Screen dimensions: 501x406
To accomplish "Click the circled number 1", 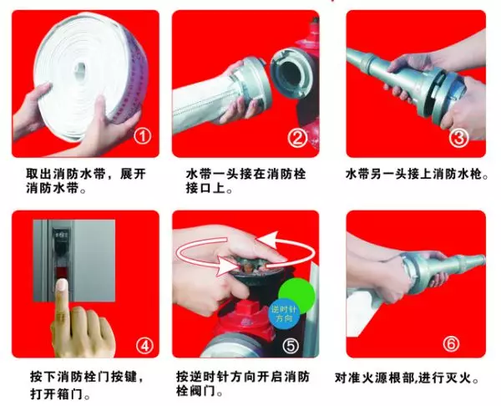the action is (143, 136).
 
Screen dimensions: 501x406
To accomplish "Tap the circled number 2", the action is (297, 138).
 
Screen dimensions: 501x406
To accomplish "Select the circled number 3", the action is (458, 138).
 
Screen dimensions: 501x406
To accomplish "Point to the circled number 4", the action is (144, 346).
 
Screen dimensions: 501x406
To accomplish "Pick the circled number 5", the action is (291, 346).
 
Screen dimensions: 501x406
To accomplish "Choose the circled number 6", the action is (451, 343).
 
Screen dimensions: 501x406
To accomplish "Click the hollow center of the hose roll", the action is (80, 69).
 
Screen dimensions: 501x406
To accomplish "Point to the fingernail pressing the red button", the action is (61, 284).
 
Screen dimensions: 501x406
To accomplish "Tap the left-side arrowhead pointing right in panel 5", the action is (226, 266).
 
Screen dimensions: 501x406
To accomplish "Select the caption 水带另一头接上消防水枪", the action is (417, 175).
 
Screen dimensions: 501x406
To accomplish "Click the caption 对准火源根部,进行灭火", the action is (407, 378).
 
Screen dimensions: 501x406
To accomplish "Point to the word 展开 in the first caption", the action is (133, 175).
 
